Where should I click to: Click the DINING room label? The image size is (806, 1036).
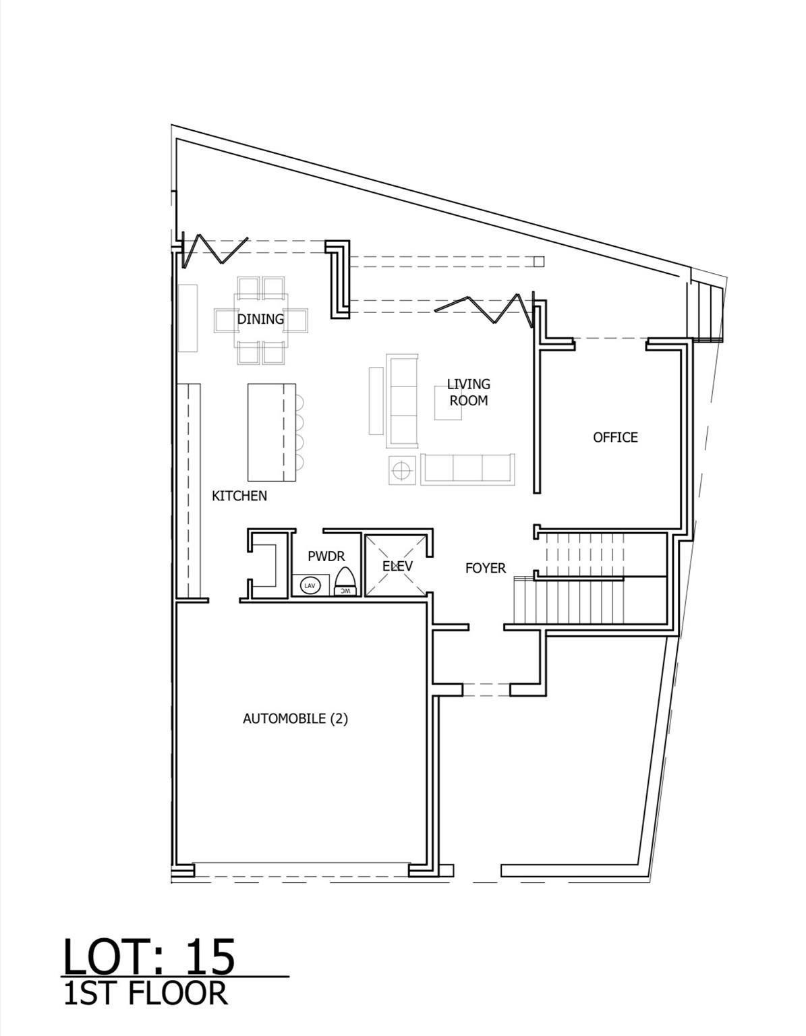coord(260,319)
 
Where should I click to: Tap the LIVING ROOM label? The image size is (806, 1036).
coord(468,392)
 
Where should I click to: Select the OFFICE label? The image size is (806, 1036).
coord(615,437)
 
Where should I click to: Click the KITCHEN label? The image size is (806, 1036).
coord(239,496)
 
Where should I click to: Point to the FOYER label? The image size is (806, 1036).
coord(485,569)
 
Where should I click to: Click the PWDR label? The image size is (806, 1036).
coord(326,556)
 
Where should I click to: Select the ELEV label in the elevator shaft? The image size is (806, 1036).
coord(397,566)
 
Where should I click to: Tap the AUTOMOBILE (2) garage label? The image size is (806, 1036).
coord(295,718)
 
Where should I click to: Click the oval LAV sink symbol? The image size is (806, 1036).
coord(310,585)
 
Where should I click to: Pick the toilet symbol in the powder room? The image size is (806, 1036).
coord(345,581)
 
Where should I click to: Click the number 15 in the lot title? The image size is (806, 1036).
coord(210,956)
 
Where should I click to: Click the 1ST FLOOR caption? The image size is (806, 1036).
coord(145,994)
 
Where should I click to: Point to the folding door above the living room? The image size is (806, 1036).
coord(482,307)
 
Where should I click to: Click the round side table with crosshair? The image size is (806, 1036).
coord(403,469)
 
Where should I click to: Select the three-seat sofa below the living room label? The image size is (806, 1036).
coord(468,469)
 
